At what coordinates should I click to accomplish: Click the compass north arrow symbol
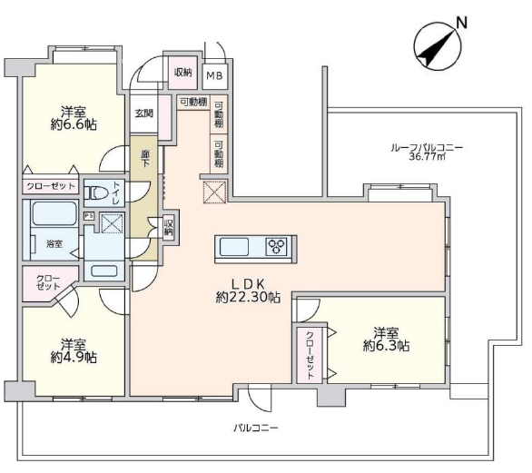coord(438,47)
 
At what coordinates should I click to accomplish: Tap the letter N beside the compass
coord(461,23)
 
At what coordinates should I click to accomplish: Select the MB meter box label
coord(215,75)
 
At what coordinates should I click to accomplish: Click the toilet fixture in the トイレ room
coord(95,193)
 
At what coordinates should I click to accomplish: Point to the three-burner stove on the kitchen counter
coord(278,246)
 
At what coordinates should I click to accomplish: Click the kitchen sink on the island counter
coord(234,247)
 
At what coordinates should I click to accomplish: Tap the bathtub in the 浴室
coord(54,213)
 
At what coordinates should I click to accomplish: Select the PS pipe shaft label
coord(89,216)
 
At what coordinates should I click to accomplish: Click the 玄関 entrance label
coord(143,113)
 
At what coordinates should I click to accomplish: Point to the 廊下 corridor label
coord(145,159)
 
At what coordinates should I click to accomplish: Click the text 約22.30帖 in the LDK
coord(248,298)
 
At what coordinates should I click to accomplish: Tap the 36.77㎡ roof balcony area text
coord(427,157)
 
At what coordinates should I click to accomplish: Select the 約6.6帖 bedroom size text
coord(74,125)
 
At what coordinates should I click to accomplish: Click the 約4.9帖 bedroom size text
coord(74,358)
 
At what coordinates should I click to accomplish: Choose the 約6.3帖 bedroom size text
coord(386,345)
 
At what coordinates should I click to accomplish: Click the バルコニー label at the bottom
coord(256,428)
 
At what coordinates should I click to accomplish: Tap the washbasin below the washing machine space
coord(104,271)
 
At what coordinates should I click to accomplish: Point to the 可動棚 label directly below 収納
coord(193,102)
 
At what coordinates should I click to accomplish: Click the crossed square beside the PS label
coord(113,223)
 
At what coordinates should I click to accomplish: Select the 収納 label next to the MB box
coord(183,73)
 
